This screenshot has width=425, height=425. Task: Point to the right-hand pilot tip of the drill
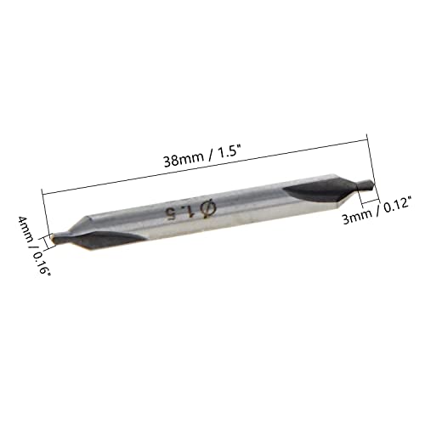point(367,181)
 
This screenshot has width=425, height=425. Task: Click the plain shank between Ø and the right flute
point(246,201)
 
